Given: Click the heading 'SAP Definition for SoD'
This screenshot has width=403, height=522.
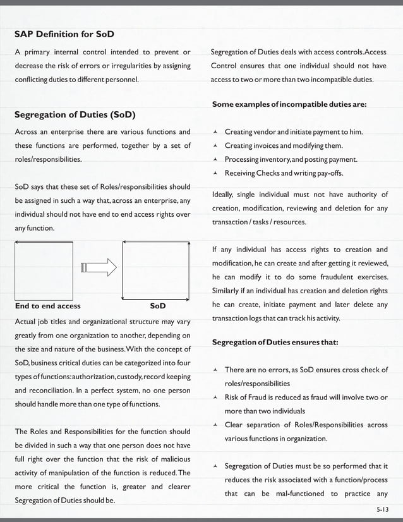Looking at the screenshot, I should (64, 33).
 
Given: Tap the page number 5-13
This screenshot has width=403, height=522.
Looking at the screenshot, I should (381, 509).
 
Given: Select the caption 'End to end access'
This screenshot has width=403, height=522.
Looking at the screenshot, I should (47, 306).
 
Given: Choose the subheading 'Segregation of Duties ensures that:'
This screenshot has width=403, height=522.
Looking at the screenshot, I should (275, 342).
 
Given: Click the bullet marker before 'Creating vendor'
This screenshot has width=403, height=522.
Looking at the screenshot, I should (215, 132).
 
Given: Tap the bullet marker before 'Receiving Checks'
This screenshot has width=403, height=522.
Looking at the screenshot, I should (215, 173).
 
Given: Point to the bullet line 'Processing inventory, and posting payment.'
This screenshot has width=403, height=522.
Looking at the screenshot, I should (291, 159).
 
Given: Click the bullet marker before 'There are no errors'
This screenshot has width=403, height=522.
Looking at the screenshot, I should (215, 370).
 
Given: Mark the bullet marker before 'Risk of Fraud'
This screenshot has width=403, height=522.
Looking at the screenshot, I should (215, 398).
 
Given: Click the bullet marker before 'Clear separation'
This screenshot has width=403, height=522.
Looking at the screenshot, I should (215, 425).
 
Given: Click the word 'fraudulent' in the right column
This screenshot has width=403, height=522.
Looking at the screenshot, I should (338, 277).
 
